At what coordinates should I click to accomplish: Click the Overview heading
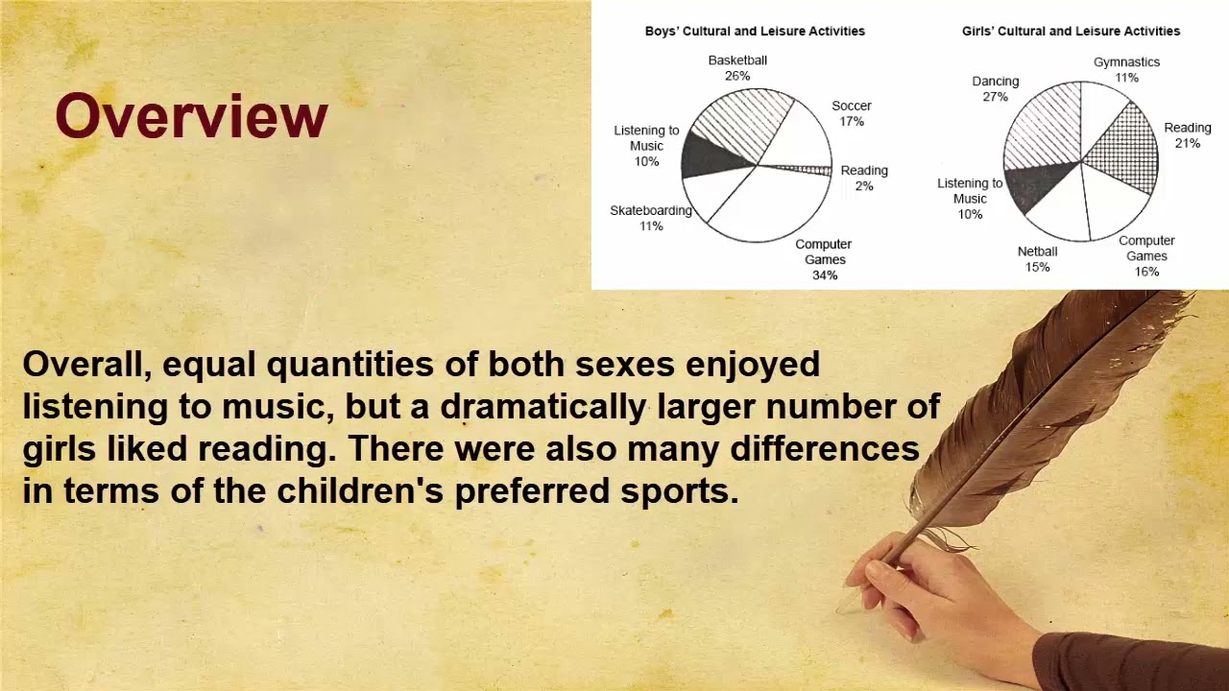(191, 117)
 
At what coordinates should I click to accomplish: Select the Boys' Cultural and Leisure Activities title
(755, 31)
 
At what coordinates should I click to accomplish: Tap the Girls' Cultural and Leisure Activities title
(1071, 31)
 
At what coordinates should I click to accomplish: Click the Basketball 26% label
(737, 67)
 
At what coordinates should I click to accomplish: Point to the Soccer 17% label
(852, 113)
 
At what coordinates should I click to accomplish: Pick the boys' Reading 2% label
(864, 178)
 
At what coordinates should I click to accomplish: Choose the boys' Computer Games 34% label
(824, 259)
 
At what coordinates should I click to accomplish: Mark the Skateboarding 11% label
(651, 218)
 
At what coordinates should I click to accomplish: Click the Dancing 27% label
(995, 88)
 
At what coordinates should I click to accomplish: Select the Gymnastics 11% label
(1126, 69)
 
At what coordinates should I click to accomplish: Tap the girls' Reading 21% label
(1188, 135)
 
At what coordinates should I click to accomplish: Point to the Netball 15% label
(1037, 259)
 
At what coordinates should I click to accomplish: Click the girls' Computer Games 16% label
(1146, 255)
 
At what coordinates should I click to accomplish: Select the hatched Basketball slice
(744, 120)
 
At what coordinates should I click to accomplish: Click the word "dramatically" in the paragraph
(542, 407)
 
